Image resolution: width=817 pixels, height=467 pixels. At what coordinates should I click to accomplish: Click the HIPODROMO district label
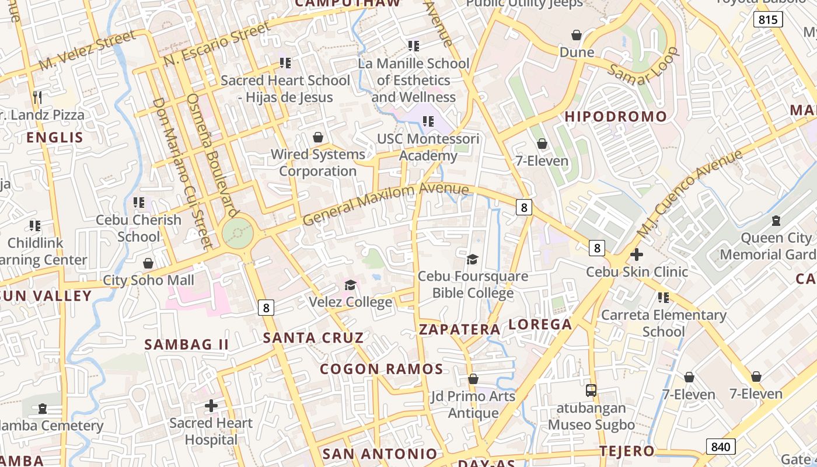click(616, 116)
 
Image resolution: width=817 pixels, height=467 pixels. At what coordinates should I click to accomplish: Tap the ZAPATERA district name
click(460, 329)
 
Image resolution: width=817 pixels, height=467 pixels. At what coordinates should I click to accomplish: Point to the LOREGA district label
click(540, 325)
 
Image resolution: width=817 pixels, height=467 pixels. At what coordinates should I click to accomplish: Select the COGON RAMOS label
click(382, 369)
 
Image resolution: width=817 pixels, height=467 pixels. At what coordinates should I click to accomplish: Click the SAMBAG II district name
click(187, 344)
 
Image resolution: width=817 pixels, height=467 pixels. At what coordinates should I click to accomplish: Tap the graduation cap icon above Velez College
click(350, 285)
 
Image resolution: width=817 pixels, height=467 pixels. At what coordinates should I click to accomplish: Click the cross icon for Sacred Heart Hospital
click(211, 405)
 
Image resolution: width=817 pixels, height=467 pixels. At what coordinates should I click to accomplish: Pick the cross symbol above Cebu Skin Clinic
click(637, 255)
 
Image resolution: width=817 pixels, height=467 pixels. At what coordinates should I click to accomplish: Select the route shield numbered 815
click(767, 19)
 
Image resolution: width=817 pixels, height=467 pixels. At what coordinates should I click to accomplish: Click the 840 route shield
click(721, 447)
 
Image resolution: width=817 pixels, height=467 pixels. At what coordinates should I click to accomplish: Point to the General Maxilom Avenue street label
click(386, 204)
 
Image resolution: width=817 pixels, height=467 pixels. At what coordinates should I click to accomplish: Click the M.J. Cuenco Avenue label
click(689, 194)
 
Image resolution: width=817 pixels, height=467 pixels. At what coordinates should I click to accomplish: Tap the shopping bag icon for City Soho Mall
click(148, 263)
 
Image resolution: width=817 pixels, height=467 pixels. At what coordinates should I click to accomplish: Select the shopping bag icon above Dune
click(577, 35)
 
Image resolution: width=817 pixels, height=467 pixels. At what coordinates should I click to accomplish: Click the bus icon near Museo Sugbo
click(591, 389)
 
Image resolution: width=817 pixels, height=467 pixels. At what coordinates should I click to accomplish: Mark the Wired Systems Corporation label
click(318, 163)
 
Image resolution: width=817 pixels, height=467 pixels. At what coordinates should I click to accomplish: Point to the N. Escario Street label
click(217, 44)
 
